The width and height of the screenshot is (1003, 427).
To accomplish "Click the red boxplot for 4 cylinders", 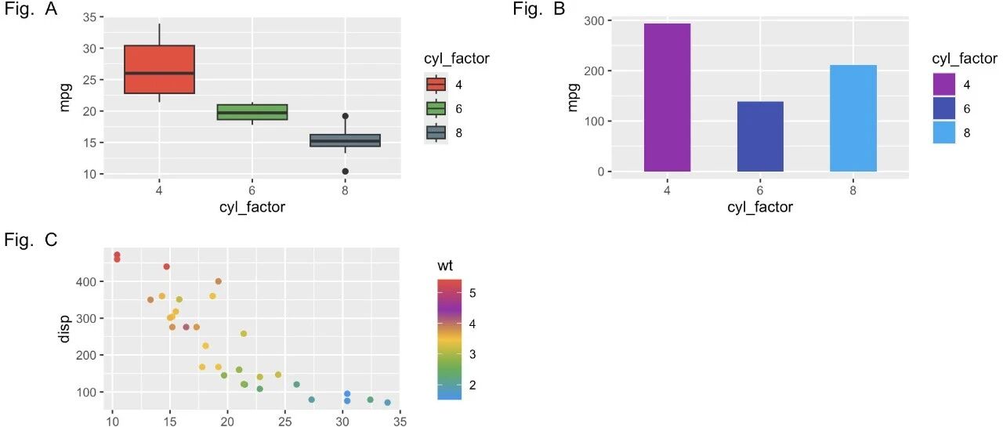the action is [x=159, y=70].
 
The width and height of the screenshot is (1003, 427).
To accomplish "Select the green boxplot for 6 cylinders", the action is [x=252, y=112].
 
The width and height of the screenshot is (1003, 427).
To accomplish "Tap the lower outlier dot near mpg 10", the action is [x=346, y=172].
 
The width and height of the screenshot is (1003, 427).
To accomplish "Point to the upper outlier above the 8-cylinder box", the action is [x=346, y=116].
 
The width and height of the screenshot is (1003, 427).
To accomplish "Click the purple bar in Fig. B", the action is [x=667, y=98].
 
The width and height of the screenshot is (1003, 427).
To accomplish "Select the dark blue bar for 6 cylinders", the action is [x=760, y=136].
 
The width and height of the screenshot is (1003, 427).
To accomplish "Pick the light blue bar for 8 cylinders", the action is [x=853, y=118].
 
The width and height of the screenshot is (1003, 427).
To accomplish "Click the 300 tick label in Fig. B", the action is [x=594, y=20].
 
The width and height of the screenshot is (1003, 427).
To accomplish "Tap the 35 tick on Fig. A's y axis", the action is [x=89, y=17].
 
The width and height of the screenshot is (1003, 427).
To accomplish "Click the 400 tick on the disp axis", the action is [x=86, y=281].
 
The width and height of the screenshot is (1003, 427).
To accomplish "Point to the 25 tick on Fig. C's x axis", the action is [x=284, y=422].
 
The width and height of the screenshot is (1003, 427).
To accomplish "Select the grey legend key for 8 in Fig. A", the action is [x=436, y=132].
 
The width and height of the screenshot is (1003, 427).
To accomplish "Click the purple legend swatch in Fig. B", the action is [x=944, y=84].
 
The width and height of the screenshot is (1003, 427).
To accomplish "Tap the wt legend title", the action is [x=445, y=266].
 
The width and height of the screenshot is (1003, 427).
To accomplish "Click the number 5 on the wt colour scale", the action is [x=473, y=293].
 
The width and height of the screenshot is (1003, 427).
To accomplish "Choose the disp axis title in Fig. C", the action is [x=64, y=329].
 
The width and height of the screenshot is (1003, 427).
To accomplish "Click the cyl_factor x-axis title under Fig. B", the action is [x=760, y=207].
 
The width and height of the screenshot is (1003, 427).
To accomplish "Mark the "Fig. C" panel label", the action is [x=31, y=240].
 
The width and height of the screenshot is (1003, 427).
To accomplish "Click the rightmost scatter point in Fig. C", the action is [x=387, y=403].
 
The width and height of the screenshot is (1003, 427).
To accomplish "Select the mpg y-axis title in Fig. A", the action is [x=65, y=97].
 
